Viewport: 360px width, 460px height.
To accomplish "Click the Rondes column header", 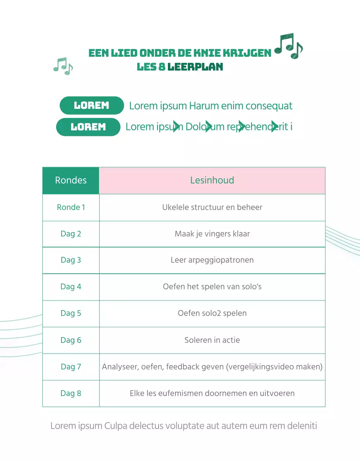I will [71, 180].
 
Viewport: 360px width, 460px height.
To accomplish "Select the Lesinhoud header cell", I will [212, 180].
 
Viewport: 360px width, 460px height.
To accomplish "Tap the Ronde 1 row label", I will [71, 207].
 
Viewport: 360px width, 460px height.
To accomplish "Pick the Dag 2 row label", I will [71, 234].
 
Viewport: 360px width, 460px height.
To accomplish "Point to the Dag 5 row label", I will [71, 313].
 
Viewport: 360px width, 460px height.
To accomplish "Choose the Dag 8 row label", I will [71, 394].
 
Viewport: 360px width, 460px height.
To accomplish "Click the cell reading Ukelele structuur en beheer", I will [212, 207].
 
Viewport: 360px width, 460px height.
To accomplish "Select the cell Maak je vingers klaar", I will [212, 234].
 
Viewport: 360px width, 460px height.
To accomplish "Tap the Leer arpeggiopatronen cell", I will [212, 260].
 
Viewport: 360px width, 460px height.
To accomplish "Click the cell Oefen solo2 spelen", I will [212, 313].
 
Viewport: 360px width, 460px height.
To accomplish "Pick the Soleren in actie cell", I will [212, 340].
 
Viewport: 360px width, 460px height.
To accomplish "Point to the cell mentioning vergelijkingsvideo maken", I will [212, 367].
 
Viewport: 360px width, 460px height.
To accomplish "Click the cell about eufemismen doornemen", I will [212, 394].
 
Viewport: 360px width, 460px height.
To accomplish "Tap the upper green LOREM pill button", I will [92, 106].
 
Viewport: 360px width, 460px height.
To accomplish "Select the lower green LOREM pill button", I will [88, 127].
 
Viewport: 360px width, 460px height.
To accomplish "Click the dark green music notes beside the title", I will [289, 46].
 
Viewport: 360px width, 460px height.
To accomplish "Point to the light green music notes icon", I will [63, 66].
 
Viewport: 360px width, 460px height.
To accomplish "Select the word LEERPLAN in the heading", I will [195, 67].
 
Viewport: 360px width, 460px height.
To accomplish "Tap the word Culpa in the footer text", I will [116, 426].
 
